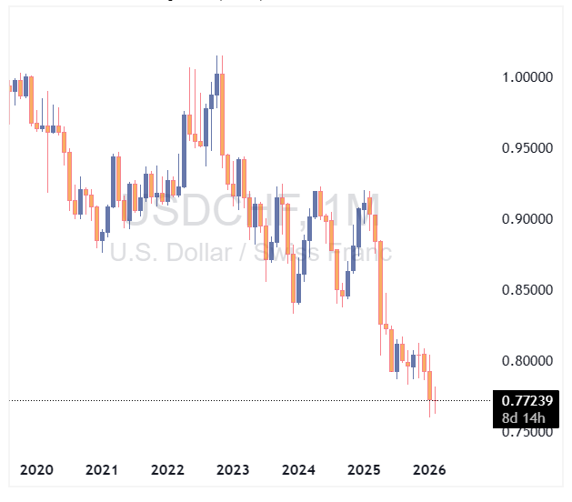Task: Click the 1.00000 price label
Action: (x=527, y=77)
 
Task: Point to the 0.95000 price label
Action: (x=527, y=148)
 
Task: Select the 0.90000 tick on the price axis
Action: (x=527, y=219)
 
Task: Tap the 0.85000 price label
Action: (x=527, y=290)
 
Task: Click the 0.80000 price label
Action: (x=527, y=361)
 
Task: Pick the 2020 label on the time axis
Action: (x=36, y=470)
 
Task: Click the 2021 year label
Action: (x=102, y=470)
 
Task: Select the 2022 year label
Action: (x=167, y=470)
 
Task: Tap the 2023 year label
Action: (x=233, y=470)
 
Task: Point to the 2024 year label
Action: (x=298, y=470)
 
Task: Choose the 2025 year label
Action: (x=364, y=470)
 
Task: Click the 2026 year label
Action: (x=429, y=470)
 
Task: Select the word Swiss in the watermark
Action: (x=296, y=252)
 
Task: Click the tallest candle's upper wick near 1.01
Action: (x=217, y=62)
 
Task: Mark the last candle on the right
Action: (x=436, y=402)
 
